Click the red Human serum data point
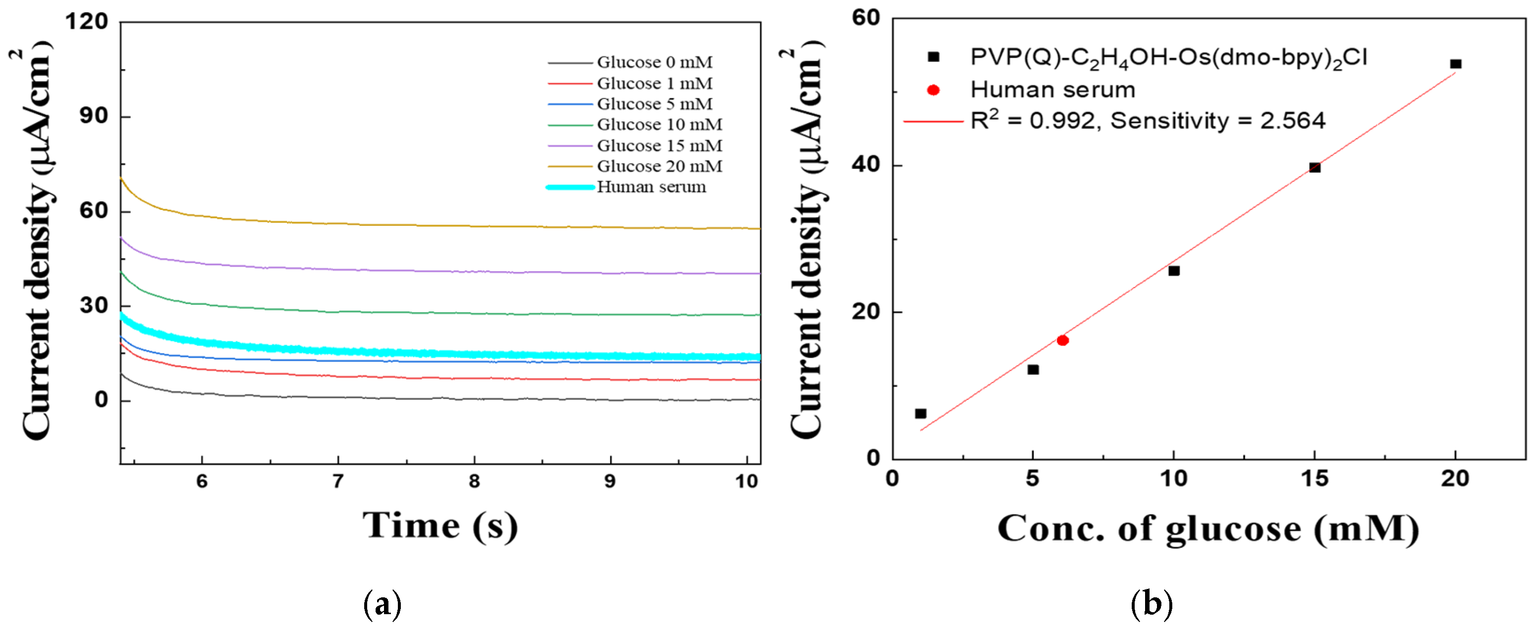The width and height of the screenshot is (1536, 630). pos(1062,340)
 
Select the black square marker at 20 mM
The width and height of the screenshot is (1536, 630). pos(1455,64)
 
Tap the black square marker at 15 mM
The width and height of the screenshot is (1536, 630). pos(1315,168)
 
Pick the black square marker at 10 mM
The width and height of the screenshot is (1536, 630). pos(1173,271)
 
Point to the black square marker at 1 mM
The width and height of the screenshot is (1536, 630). pos(920,413)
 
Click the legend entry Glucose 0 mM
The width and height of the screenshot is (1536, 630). pos(654,62)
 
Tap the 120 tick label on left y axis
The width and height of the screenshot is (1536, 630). pos(87,22)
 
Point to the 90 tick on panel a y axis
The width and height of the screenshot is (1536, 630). pos(94,116)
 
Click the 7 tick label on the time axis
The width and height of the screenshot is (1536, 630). pos(338,481)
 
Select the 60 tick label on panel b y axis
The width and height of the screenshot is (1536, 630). pos(866,18)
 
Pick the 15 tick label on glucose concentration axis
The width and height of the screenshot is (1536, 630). pos(1314,479)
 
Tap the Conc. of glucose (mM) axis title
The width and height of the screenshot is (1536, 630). pos(1208,529)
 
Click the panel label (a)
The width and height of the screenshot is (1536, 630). pos(382,604)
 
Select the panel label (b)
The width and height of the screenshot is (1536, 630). pos(1152,604)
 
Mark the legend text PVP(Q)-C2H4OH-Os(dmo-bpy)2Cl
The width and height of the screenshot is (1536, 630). pos(1169,58)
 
